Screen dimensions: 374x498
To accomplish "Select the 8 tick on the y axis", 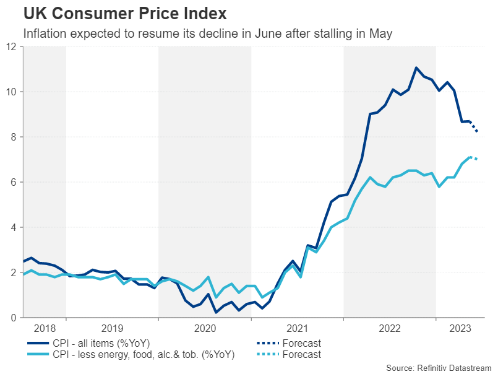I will [14, 137].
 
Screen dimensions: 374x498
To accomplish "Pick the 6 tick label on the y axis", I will [14, 182].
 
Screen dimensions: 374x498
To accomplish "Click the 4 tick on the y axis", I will [14, 227].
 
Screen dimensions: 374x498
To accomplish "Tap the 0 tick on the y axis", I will [14, 318].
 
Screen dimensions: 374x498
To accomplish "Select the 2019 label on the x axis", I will [112, 328].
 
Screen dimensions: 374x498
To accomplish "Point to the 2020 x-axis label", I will [204, 328].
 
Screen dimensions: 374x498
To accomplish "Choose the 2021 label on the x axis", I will [297, 328].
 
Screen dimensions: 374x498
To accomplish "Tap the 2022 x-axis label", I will [390, 328].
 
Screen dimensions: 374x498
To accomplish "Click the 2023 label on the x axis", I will [458, 328].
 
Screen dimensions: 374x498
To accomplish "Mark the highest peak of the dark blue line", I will [416, 67].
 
